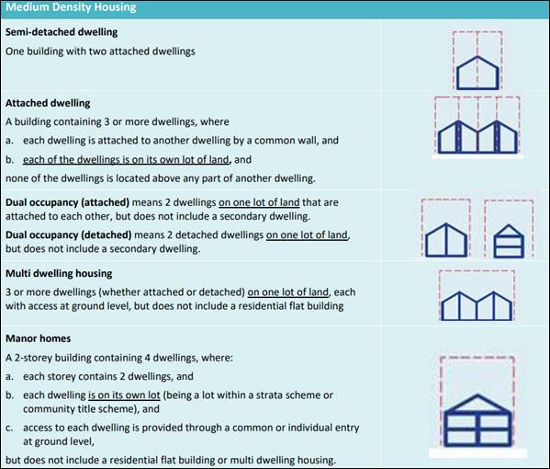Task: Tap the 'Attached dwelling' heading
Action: [48, 103]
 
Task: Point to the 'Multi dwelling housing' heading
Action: [59, 273]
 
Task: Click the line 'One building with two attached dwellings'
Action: [100, 51]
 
